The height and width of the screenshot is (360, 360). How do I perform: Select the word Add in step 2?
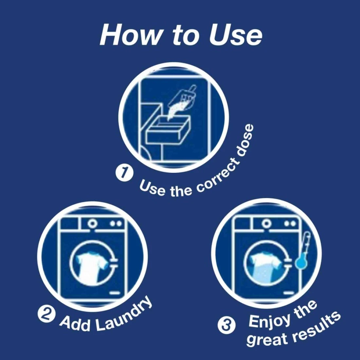(75, 324)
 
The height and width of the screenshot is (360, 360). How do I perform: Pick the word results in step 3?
(316, 326)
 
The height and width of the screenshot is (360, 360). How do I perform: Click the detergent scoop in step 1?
(184, 97)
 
